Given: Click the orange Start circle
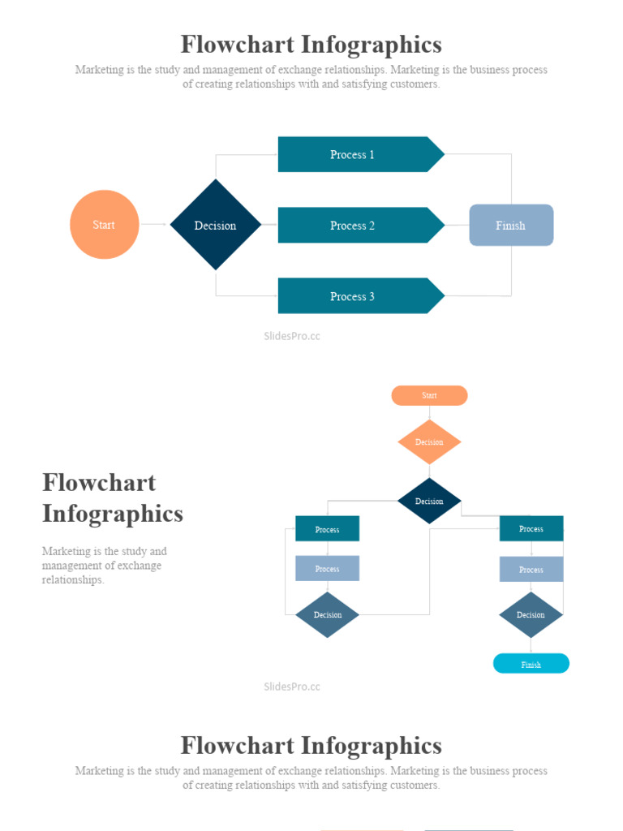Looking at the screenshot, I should tap(104, 225).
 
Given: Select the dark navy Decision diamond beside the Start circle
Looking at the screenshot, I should tap(215, 225).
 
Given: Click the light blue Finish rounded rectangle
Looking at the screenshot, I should tap(511, 225).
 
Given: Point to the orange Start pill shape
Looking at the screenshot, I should tap(429, 395).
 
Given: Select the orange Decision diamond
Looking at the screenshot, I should tap(429, 442).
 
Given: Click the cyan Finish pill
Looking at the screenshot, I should tap(531, 664).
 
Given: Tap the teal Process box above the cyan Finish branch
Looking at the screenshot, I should tap(531, 528).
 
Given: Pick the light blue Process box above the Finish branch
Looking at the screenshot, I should tap(531, 569).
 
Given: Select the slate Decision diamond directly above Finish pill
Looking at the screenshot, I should tap(531, 614).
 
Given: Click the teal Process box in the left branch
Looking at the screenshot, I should tap(327, 529).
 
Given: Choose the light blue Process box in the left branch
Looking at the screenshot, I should tap(327, 568).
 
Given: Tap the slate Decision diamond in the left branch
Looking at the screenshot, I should tap(327, 614).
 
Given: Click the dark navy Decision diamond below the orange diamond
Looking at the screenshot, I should tap(429, 501).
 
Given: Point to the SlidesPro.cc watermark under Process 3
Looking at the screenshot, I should tap(292, 336).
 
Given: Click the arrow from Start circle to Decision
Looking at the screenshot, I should tap(154, 225).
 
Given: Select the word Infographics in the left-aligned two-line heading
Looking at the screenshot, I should tap(112, 514).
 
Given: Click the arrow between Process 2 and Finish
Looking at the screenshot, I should tap(458, 225).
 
